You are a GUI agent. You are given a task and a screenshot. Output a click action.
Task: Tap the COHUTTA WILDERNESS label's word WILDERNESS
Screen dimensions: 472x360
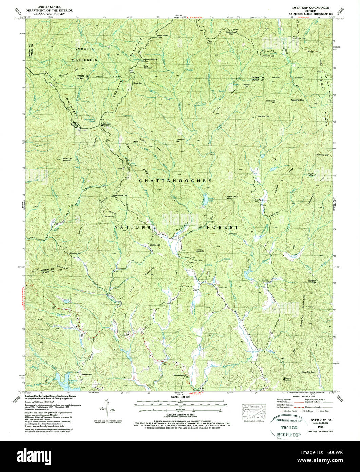tap(84, 60)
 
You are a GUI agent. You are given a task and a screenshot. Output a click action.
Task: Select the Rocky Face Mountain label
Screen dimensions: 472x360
tap(71, 159)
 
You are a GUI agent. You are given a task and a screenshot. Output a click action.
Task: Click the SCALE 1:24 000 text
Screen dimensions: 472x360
tap(179, 397)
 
